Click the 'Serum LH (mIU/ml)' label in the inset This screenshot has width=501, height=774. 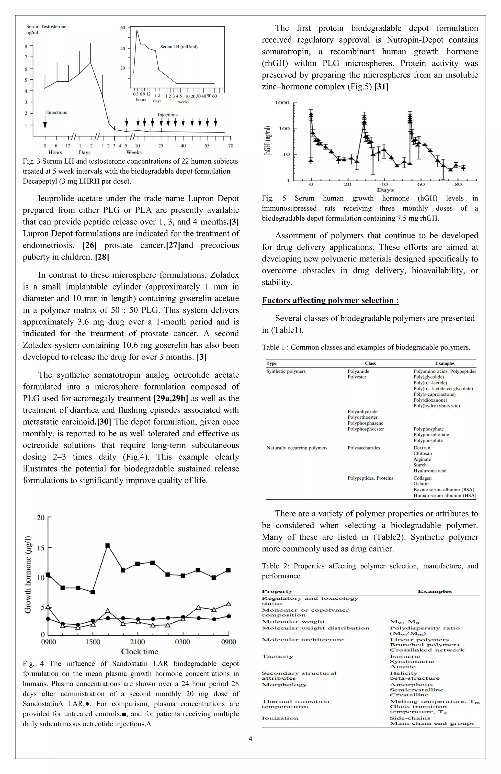click(x=179, y=46)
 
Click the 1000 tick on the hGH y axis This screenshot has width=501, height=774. click(x=282, y=103)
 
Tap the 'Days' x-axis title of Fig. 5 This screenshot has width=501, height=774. click(x=385, y=190)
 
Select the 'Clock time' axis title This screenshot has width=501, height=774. click(x=140, y=652)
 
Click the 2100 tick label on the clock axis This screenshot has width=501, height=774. click(x=138, y=642)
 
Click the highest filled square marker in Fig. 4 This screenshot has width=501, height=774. click(x=108, y=545)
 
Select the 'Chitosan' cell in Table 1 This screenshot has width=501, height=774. click(x=423, y=453)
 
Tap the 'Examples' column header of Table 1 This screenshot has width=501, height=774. click(x=444, y=363)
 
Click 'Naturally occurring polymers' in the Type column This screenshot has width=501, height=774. click(x=297, y=448)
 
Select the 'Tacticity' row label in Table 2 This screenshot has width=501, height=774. click(x=277, y=657)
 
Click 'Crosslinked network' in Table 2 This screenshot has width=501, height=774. click(x=427, y=650)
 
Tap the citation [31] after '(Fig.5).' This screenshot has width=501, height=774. click(x=381, y=87)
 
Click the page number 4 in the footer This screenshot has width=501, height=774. click(x=250, y=739)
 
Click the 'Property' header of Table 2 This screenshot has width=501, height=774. click(x=277, y=592)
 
